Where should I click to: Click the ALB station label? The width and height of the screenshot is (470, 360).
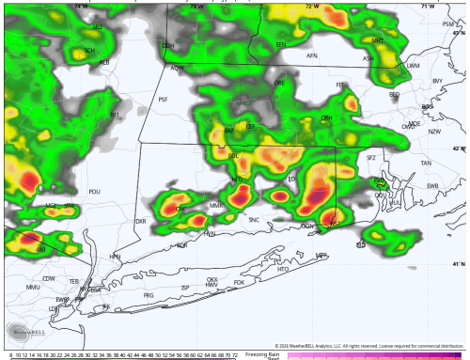[104, 62]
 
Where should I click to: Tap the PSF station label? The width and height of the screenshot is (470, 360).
[163, 99]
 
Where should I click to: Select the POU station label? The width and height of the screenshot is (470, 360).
[94, 192]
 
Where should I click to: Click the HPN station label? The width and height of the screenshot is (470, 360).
[116, 256]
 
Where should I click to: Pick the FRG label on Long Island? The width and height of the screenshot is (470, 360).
[148, 295]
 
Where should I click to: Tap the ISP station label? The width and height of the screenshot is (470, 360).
[185, 288]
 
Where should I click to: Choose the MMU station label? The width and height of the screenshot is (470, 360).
[33, 287]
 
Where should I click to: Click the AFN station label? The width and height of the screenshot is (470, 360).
[312, 56]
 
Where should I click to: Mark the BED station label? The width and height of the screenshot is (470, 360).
[394, 94]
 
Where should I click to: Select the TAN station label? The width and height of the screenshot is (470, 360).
[426, 163]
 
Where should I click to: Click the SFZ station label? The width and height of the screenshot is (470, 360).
[370, 157]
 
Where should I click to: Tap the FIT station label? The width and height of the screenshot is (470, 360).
[341, 85]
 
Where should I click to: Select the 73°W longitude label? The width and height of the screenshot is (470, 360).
[196, 7]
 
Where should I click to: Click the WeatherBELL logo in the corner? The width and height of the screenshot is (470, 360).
[23, 331]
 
